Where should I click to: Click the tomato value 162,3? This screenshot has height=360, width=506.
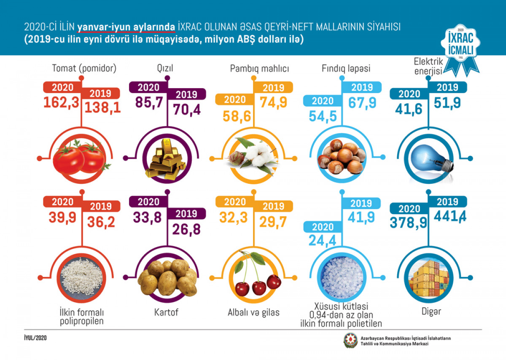pos(62,103)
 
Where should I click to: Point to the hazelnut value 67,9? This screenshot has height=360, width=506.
pos(362,103)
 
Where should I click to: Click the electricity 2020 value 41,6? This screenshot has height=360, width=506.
pos(408,110)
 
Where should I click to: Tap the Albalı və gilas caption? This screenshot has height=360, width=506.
pos(253,313)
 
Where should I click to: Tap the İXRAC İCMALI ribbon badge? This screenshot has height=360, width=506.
pos(460,46)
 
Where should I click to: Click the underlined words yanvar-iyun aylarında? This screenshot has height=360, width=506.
pos(126,27)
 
